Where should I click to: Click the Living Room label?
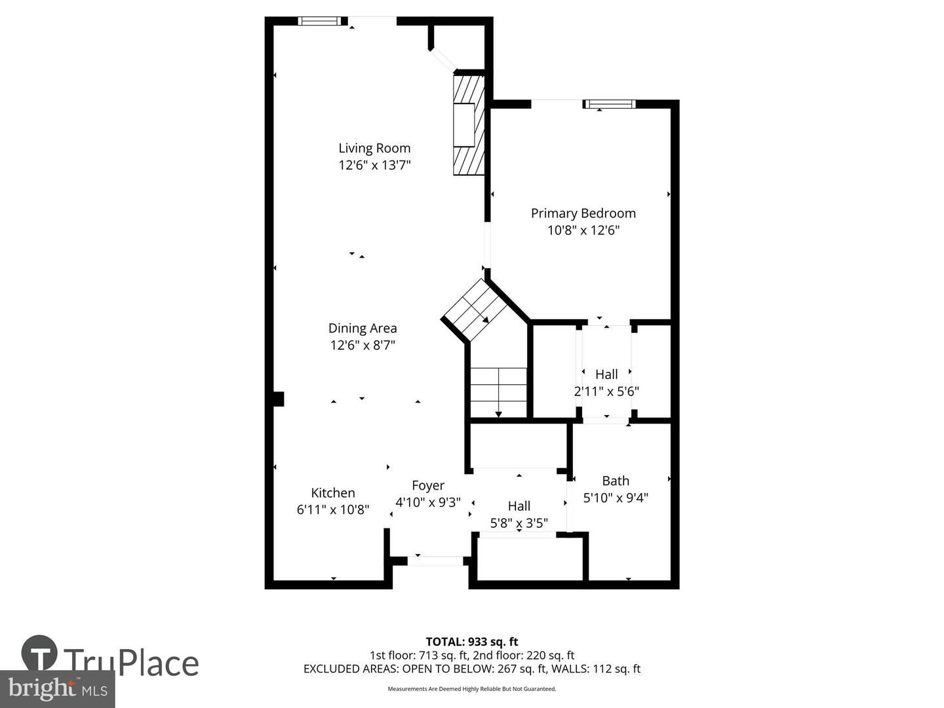click(x=374, y=148)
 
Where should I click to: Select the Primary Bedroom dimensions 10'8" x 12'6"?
click(x=583, y=230)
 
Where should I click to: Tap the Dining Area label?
click(x=363, y=328)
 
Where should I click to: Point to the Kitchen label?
click(x=333, y=493)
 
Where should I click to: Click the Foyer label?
click(x=428, y=485)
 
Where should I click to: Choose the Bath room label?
click(x=616, y=481)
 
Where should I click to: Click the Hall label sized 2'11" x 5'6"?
click(x=606, y=374)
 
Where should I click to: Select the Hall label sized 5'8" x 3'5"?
click(x=519, y=506)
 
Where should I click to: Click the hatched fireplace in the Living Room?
click(x=469, y=125)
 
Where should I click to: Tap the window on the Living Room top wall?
click(x=320, y=21)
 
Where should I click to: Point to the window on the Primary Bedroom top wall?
click(x=610, y=104)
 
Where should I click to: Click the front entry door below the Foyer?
click(x=435, y=560)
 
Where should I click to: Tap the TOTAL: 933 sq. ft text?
click(x=471, y=642)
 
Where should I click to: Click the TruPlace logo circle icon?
click(x=39, y=653)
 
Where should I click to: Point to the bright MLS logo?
click(x=57, y=689)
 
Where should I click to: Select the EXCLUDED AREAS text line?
click(x=471, y=669)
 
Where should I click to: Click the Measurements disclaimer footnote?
click(x=471, y=689)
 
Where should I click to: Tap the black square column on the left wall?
click(x=278, y=399)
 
